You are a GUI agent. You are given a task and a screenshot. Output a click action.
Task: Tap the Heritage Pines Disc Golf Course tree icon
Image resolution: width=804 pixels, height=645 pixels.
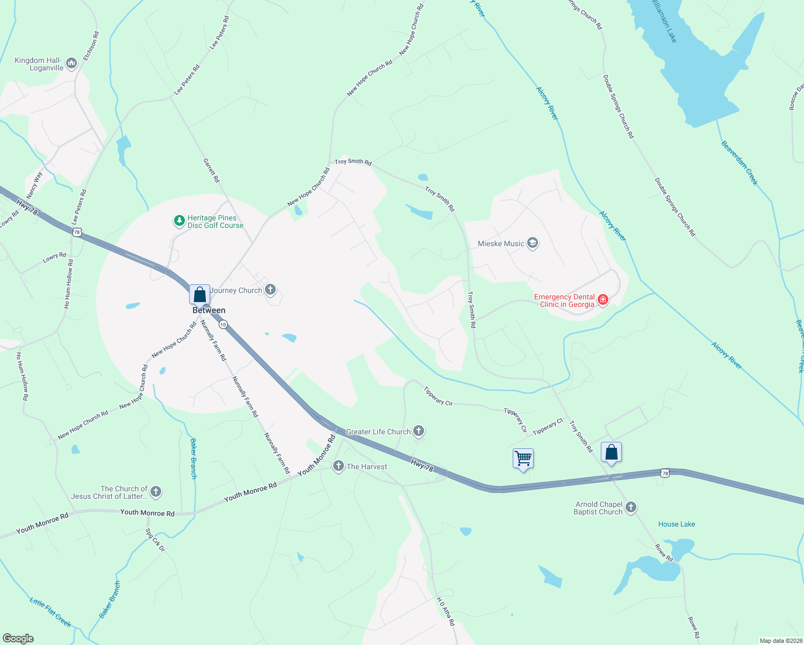click(179, 221)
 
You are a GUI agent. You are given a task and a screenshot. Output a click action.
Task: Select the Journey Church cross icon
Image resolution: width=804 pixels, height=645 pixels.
click(270, 290)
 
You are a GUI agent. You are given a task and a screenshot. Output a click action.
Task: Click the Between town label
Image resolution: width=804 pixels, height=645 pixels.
click(209, 310)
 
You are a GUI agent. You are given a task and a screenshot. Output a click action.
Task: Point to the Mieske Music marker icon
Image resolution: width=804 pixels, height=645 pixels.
click(532, 243)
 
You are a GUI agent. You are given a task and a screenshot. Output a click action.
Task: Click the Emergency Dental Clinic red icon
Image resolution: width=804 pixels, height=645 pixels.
click(602, 300)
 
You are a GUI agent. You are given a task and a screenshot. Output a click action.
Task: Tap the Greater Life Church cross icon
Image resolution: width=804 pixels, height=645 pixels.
click(419, 431)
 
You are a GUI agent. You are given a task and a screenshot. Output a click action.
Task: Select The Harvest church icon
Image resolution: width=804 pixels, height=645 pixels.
click(338, 466)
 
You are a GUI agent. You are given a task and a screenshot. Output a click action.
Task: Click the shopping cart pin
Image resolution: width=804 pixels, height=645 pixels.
click(523, 459)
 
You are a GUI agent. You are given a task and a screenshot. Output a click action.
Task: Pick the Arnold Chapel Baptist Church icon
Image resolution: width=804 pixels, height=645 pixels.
click(631, 507)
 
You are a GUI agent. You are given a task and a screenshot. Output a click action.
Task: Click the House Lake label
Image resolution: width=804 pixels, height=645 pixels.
click(677, 524)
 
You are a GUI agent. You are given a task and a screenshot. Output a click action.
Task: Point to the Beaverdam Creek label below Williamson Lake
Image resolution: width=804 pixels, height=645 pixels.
click(740, 163)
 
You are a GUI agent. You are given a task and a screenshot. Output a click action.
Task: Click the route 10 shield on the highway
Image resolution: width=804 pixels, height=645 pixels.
click(223, 324)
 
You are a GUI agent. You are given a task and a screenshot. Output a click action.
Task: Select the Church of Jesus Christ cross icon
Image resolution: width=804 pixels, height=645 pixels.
click(155, 491)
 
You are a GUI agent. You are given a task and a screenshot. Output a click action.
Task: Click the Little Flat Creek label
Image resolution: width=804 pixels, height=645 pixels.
click(51, 612)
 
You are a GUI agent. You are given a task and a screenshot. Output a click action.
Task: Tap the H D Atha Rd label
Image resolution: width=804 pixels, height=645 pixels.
click(446, 611)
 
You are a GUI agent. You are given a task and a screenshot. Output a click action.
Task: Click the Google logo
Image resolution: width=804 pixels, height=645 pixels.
click(18, 639)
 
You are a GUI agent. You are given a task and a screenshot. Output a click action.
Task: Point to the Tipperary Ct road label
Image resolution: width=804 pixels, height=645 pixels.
click(548, 427)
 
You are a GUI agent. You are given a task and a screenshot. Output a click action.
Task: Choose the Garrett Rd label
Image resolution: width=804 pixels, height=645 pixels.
click(211, 170)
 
